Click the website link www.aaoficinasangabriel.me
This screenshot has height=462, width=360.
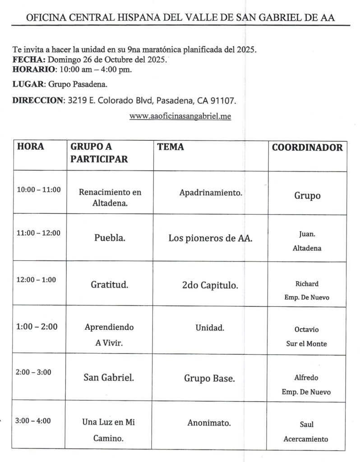(180, 116)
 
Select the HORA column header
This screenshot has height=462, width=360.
(31, 147)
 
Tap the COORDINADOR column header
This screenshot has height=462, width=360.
(307, 148)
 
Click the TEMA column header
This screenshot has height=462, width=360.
(171, 147)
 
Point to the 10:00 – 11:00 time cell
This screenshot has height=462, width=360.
(39, 190)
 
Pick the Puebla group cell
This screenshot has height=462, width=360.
(110, 238)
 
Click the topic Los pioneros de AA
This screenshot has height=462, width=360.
(210, 238)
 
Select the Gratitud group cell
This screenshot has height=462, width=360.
(110, 285)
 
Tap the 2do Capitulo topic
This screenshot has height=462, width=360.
(210, 285)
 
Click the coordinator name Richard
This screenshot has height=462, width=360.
(307, 284)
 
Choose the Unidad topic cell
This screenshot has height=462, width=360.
(210, 328)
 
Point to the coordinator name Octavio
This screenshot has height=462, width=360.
(307, 330)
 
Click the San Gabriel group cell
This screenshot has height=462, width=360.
(109, 378)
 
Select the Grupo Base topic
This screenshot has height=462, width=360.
(209, 379)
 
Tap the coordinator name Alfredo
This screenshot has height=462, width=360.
(307, 378)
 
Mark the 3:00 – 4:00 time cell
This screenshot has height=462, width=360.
(33, 421)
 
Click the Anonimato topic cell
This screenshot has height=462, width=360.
(209, 423)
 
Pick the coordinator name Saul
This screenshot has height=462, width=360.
(307, 425)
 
